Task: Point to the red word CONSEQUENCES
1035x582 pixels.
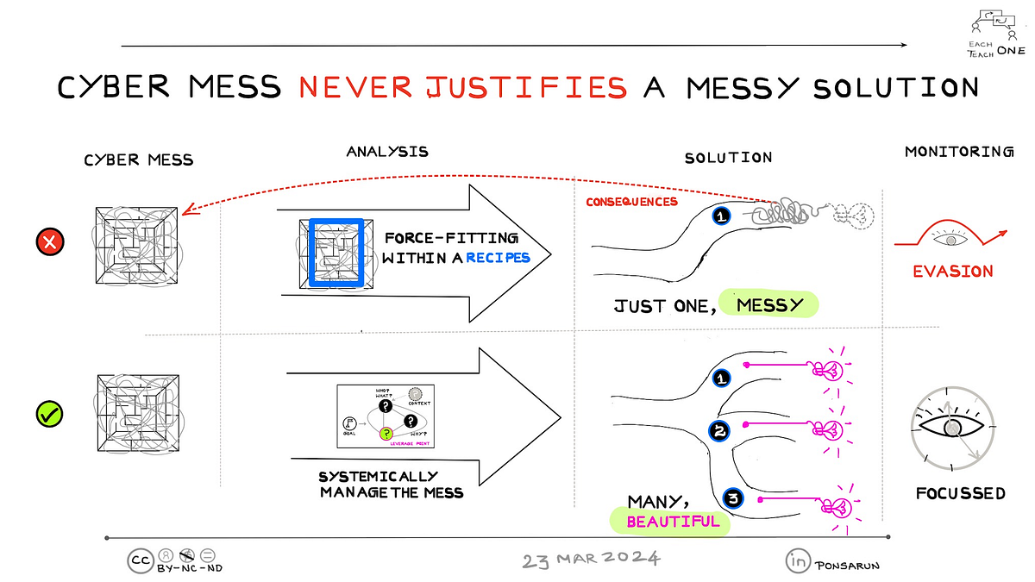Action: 631,202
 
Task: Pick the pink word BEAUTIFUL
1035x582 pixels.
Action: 673,521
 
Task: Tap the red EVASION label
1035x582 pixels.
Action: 953,271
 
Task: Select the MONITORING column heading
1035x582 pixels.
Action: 958,152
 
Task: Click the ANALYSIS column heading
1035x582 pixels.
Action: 387,152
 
